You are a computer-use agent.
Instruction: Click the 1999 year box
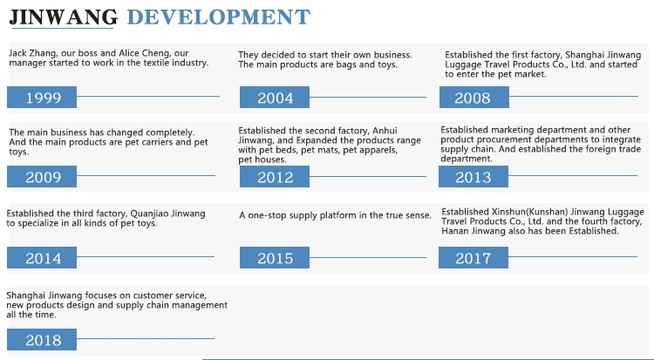tap(42, 98)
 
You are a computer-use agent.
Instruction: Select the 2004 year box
tap(275, 98)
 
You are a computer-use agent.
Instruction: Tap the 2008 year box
tap(474, 98)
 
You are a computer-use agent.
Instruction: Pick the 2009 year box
tap(42, 176)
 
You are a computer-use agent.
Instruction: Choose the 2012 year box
tap(275, 176)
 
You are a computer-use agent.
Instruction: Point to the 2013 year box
tap(473, 176)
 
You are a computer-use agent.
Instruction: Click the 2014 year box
tap(42, 257)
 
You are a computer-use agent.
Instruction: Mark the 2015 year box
tap(275, 257)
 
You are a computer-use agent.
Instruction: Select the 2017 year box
tap(473, 257)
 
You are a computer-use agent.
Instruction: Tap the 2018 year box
tap(42, 339)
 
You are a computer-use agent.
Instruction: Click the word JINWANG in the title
tap(64, 17)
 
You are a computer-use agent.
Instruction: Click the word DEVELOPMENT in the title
tap(219, 17)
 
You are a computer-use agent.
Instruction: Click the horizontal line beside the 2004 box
tap(368, 98)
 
